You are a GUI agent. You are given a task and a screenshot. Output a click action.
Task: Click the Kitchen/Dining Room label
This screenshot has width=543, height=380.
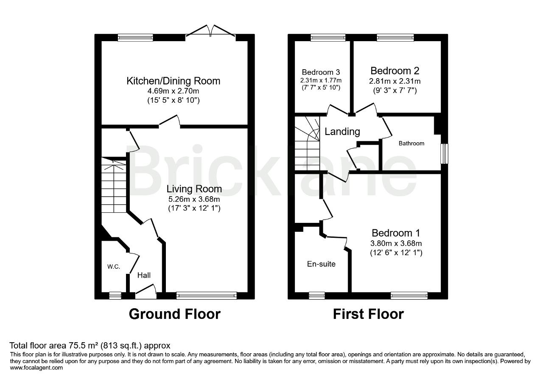[x=174, y=81]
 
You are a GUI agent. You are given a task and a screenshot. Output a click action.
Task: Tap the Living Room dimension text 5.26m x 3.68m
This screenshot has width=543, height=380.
[x=194, y=199]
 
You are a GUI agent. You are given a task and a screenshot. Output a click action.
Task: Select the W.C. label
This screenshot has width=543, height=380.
[x=114, y=267]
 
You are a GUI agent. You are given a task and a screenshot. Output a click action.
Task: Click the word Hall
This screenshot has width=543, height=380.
[x=144, y=275]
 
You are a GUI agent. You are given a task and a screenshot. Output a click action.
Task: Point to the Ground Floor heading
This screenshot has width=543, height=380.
[x=175, y=314]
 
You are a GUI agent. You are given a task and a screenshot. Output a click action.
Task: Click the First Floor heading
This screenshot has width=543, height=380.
[x=369, y=314]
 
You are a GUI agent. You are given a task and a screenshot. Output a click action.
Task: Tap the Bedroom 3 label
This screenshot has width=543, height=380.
[x=321, y=72]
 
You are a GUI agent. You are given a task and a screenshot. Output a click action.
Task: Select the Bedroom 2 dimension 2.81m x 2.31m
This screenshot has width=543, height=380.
[x=395, y=81]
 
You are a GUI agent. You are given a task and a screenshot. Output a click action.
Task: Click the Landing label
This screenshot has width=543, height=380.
[x=342, y=132]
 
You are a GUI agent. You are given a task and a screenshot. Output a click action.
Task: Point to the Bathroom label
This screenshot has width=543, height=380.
[x=411, y=143]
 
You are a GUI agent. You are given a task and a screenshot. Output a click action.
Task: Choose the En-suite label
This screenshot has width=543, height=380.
[x=321, y=264]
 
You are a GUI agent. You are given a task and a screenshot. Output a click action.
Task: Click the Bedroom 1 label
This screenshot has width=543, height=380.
[x=396, y=233]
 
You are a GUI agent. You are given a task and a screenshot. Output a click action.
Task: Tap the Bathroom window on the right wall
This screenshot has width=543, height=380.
[x=444, y=154]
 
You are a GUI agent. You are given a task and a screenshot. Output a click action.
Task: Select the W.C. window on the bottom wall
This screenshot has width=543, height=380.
[x=115, y=296]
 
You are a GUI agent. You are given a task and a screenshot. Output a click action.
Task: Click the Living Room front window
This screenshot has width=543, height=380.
[x=207, y=296]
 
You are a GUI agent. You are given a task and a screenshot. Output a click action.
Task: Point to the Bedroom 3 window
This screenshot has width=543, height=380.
[x=328, y=37]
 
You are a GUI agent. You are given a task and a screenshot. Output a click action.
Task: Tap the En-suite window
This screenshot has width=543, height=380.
[x=317, y=296]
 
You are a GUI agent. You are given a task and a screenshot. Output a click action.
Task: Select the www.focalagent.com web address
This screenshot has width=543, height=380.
[x=36, y=368]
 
